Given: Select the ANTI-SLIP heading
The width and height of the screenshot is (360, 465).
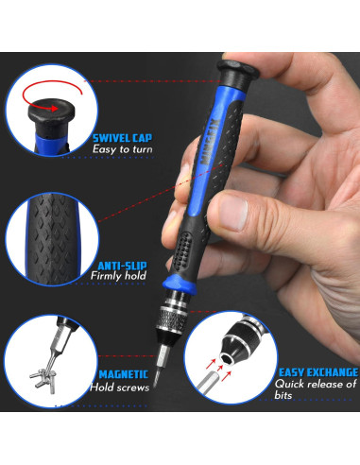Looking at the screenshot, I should (119, 266).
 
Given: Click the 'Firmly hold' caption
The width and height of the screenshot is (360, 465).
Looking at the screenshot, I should (118, 278).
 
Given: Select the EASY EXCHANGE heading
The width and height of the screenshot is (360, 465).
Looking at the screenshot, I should (317, 372).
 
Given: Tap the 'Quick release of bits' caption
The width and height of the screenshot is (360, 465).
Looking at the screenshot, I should (316, 390).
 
